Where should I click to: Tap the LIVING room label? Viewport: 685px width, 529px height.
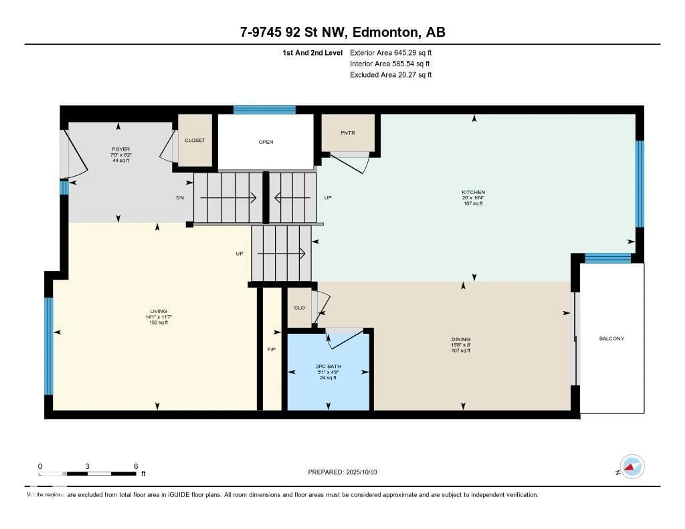point(158,311)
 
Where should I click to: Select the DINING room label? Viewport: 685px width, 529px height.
point(461,339)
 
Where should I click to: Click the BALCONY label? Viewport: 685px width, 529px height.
point(611,338)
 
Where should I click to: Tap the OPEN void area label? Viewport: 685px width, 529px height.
point(266,142)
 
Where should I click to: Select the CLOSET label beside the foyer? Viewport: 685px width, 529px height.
point(195,140)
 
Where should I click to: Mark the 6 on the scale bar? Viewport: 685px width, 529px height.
point(136,466)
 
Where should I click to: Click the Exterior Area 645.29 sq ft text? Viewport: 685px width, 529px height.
point(390,53)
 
